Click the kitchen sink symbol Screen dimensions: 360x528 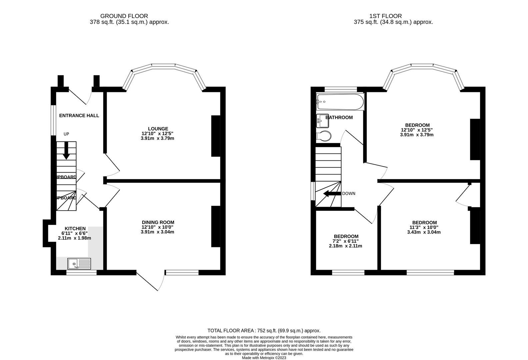coord(79,263)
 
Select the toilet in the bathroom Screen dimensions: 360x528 coord(324,136)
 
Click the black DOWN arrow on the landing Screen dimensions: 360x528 coord(332,194)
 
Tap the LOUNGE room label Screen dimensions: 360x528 coord(158,129)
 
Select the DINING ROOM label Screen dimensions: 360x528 coord(158,222)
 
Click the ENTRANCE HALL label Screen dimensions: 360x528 coord(79,116)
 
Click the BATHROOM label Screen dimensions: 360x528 coord(339,117)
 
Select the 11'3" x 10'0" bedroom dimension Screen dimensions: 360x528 coord(424,227)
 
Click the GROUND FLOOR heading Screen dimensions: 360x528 coord(124,16)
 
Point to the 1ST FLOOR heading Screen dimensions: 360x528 coord(385,16)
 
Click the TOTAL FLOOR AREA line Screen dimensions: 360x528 coord(264,331)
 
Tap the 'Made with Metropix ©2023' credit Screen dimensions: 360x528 coord(264,358)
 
